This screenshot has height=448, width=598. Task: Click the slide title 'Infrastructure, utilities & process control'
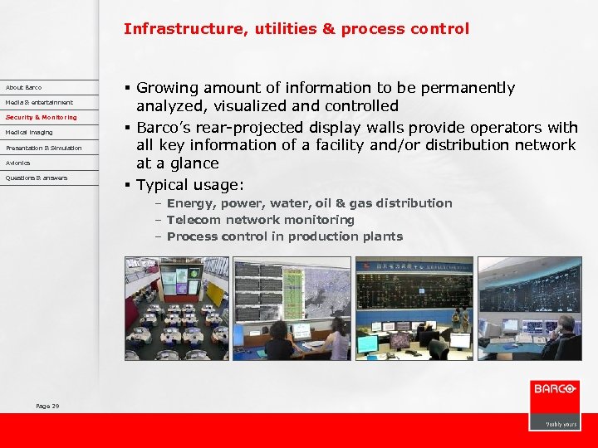297,29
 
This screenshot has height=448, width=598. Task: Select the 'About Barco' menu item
23,87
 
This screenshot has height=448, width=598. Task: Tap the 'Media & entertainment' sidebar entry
39,102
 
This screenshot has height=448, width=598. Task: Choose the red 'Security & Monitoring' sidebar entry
41,117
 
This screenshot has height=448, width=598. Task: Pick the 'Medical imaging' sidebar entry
29,132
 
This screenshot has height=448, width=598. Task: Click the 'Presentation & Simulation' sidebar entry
43,148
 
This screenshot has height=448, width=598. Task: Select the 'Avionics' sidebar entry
17,163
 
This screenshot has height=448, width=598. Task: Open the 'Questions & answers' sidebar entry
37,178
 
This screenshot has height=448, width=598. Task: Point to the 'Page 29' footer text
47,406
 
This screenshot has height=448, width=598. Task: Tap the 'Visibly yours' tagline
561,424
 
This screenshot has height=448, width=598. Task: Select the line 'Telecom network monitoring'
260,220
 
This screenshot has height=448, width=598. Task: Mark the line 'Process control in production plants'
284,236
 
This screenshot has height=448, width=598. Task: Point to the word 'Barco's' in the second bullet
164,127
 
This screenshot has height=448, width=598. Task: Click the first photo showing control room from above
177,308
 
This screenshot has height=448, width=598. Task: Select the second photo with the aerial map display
292,308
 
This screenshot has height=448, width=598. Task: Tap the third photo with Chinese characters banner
414,308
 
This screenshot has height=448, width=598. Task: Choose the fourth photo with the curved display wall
529,308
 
